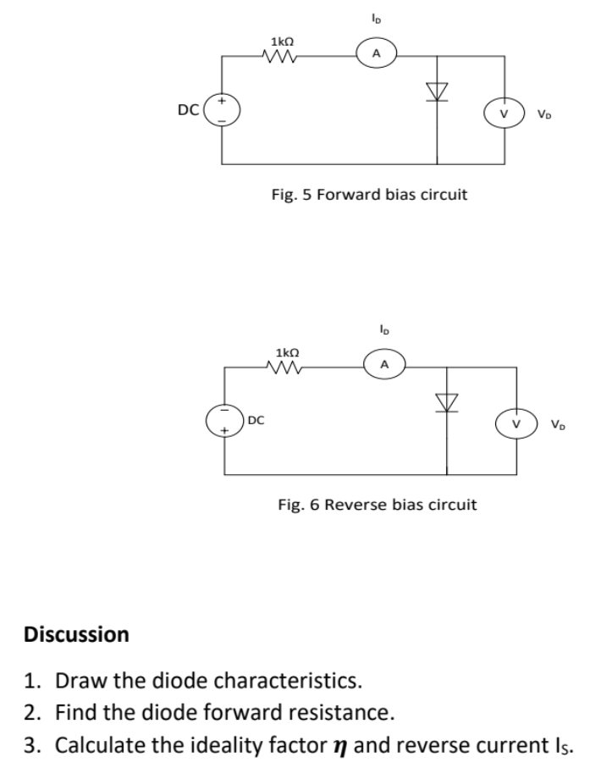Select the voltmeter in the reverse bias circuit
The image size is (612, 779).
pyautogui.click(x=514, y=422)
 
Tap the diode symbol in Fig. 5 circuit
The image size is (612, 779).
pyautogui.click(x=437, y=91)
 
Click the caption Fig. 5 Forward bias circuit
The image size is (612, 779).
pyautogui.click(x=368, y=195)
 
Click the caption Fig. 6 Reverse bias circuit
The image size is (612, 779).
pyautogui.click(x=377, y=505)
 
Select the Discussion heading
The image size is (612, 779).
pyautogui.click(x=77, y=633)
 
